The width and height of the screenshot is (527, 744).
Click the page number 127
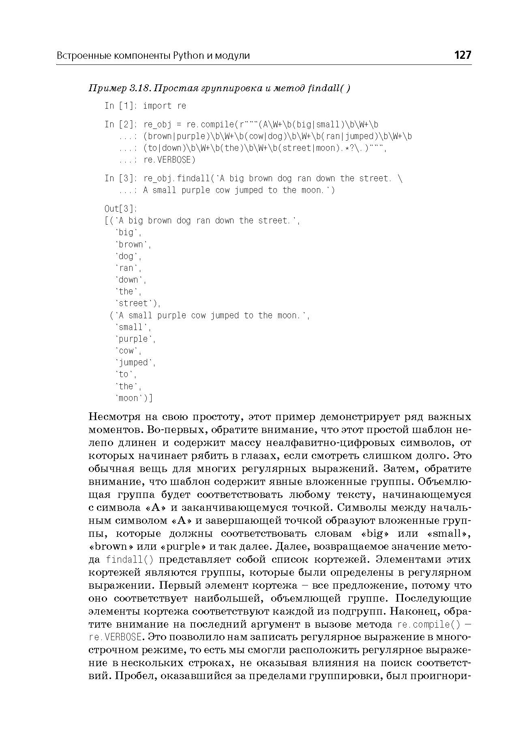pyautogui.click(x=463, y=55)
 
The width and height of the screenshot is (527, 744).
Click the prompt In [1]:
pyautogui.click(x=121, y=106)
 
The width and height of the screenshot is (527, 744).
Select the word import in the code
pyautogui.click(x=158, y=106)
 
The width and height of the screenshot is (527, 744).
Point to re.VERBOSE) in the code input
pyautogui.click(x=169, y=160)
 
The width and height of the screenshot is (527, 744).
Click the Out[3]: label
pyautogui.click(x=121, y=209)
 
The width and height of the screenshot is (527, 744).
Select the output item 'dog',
pyautogui.click(x=129, y=256)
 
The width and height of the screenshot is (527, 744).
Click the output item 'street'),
pyautogui.click(x=138, y=303)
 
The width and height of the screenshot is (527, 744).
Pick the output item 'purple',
pyautogui.click(x=135, y=339)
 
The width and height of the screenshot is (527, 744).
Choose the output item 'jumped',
pyautogui.click(x=135, y=362)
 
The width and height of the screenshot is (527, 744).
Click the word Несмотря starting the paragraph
pyautogui.click(x=114, y=417)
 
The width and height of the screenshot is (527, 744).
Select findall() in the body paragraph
pyautogui.click(x=129, y=560)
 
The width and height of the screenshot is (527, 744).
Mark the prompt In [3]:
pyautogui.click(x=121, y=178)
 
